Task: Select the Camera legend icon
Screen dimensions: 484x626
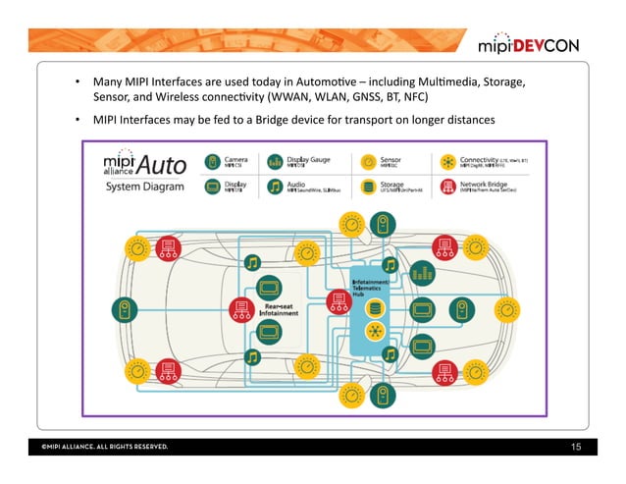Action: pos(212,160)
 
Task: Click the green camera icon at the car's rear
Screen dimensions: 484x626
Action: pos(125,311)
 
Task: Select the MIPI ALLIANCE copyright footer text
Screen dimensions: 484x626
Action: pos(104,449)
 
